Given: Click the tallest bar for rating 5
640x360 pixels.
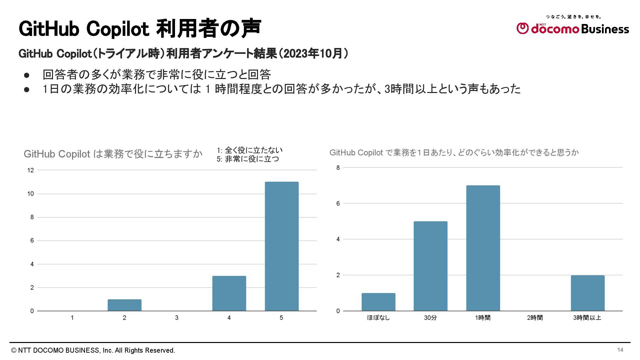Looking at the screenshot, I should (x=282, y=246).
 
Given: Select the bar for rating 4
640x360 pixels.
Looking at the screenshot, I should (x=229, y=293).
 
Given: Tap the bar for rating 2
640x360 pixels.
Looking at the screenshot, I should (x=124, y=305).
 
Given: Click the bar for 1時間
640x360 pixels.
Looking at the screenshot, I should (x=483, y=248).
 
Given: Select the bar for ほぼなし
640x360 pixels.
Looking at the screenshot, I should (x=378, y=302).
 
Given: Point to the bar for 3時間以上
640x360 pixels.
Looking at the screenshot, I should (x=587, y=293).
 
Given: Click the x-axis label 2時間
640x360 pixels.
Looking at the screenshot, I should (x=535, y=318).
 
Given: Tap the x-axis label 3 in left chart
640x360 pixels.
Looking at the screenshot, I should (x=177, y=318).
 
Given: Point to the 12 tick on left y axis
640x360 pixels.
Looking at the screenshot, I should (x=31, y=170).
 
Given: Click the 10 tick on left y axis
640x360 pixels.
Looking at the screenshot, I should (x=31, y=194).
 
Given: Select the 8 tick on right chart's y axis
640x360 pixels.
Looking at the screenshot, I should (x=338, y=168).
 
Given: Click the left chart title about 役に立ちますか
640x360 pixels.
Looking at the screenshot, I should (x=113, y=154).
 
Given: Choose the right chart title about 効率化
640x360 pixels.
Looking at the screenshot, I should (x=454, y=153).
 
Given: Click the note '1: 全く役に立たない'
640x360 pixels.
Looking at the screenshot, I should (x=249, y=150).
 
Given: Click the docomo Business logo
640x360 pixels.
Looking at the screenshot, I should (x=573, y=28).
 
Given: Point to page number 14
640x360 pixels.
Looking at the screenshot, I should (x=620, y=350).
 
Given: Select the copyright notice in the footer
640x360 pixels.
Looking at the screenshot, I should (x=93, y=350).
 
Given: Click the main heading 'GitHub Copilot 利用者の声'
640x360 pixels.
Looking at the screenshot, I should (x=140, y=29).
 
